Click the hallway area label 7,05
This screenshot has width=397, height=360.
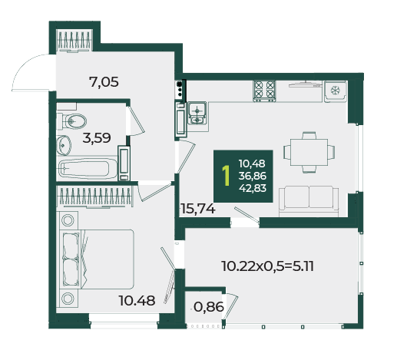(104, 82)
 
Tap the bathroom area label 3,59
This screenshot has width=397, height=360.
(97, 138)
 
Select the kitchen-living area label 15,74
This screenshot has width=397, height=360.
(198, 209)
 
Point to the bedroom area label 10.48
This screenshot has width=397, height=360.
(137, 301)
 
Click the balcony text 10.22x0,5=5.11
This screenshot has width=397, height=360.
(267, 266)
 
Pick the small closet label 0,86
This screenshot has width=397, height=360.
(209, 307)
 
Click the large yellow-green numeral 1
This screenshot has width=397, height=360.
(226, 176)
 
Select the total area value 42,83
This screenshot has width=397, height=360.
(253, 188)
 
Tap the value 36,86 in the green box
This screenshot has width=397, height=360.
(253, 176)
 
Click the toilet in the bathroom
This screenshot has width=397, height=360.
(71, 121)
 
